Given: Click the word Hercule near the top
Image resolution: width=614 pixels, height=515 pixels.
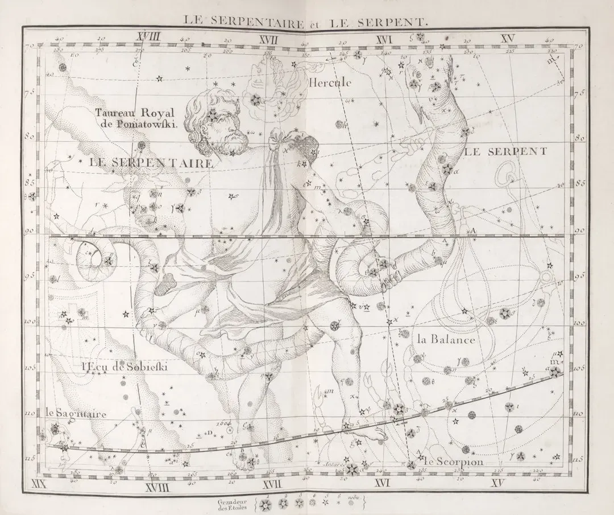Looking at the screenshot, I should point(330,83).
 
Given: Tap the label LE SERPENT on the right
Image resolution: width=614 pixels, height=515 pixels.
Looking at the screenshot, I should point(506,151).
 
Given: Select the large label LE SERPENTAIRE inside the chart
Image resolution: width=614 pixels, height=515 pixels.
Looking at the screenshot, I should point(151,162).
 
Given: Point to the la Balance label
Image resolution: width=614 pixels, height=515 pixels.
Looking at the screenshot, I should point(446,340).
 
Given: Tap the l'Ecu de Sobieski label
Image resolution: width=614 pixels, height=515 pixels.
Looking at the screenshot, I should point(119,367).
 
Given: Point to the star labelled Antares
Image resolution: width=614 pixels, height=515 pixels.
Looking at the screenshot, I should point(352,469).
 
